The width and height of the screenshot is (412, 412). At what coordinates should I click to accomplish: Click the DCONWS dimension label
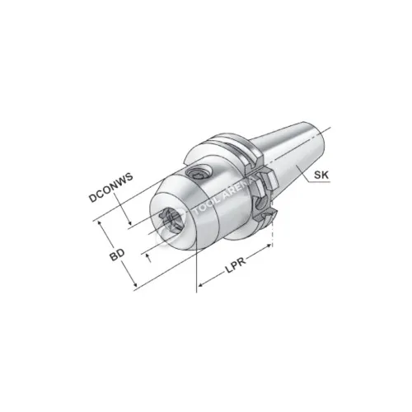pos(111,188)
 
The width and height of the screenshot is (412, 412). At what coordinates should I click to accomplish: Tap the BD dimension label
pos(117,255)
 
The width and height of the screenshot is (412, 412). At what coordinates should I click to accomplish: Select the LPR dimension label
pos(236,265)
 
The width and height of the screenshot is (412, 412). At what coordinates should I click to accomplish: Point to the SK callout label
pos(321,175)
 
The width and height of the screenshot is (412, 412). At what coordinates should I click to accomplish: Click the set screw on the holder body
pos(198,173)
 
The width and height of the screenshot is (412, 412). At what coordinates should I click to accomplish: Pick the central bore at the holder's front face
pos(171,220)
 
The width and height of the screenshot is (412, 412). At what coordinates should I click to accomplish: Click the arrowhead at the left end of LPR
pos(200,285)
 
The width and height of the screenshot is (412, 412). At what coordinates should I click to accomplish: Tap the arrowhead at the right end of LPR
pos(269,246)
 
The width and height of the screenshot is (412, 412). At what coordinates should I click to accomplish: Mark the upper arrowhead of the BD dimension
pos(100,222)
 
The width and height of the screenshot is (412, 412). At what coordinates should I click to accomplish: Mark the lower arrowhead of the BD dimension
pos(135,286)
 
